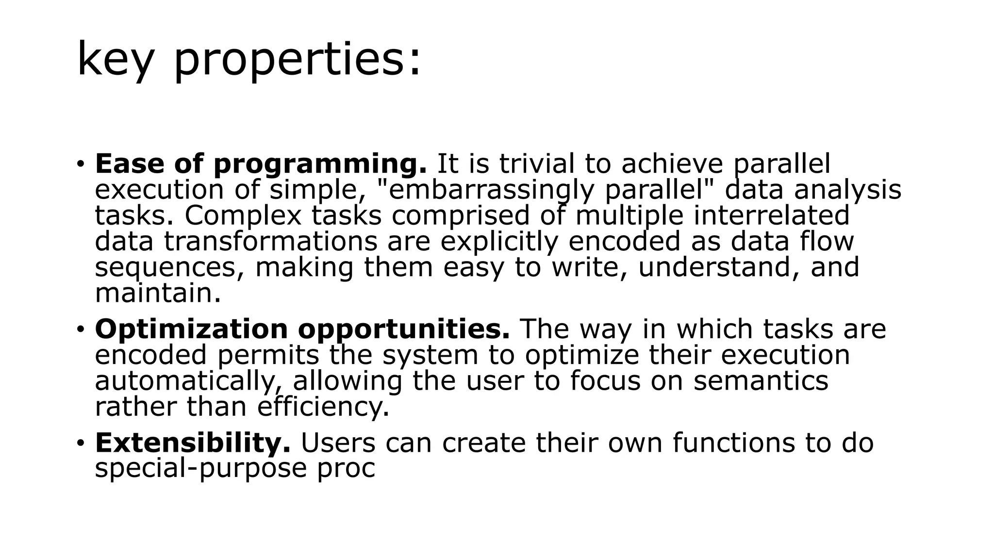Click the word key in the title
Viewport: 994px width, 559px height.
(115, 60)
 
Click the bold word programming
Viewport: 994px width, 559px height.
(320, 164)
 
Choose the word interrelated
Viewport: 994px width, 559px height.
(771, 215)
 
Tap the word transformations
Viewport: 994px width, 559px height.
(270, 241)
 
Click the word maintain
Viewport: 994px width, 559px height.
(158, 293)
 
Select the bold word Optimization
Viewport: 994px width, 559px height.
(191, 329)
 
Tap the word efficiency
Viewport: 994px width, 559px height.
(323, 407)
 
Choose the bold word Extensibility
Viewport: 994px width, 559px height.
(193, 443)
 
